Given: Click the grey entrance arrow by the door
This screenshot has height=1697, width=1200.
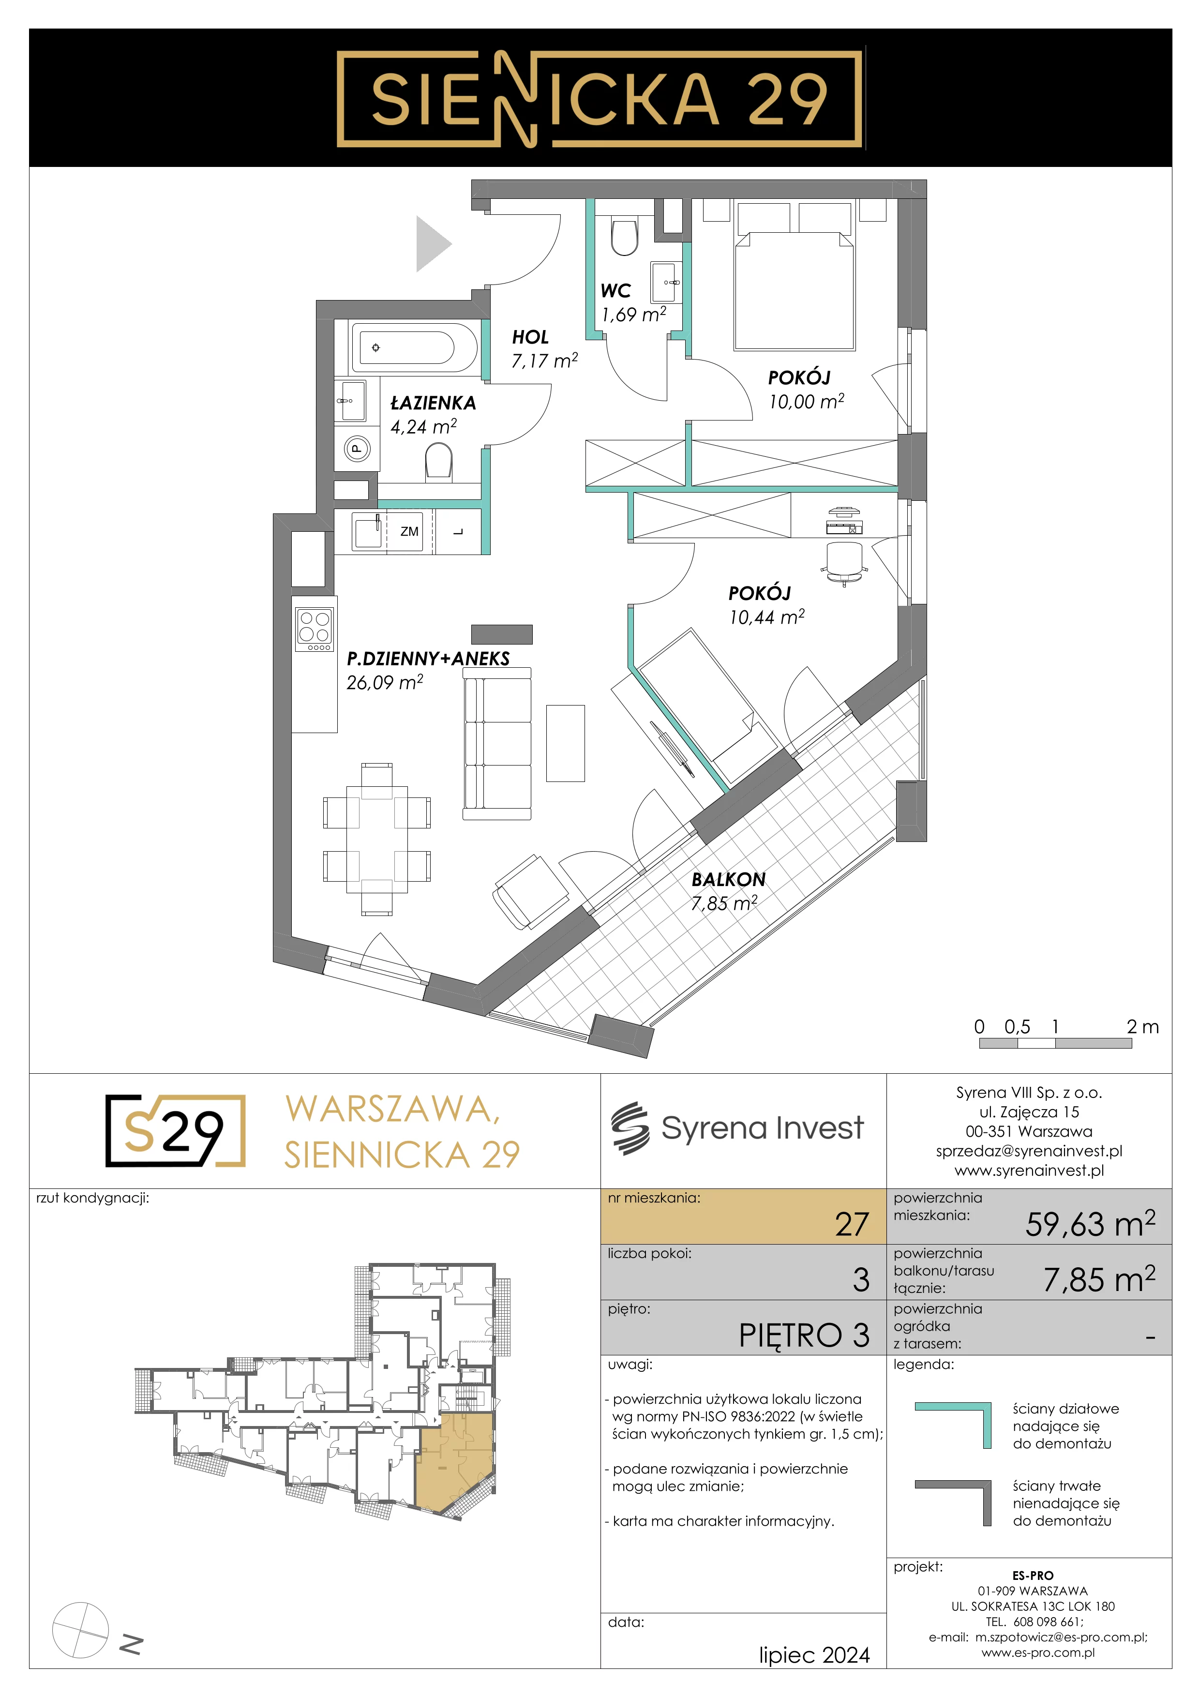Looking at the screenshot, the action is (x=434, y=244).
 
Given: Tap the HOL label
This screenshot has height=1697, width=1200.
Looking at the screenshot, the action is (x=530, y=337).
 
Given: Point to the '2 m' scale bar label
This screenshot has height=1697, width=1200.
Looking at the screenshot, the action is (x=1142, y=1027).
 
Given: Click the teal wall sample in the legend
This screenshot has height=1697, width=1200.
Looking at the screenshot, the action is (x=953, y=1425).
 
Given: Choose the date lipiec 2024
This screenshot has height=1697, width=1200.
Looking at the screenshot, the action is (x=814, y=1655).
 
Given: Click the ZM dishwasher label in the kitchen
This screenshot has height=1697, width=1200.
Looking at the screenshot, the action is (x=409, y=531).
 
